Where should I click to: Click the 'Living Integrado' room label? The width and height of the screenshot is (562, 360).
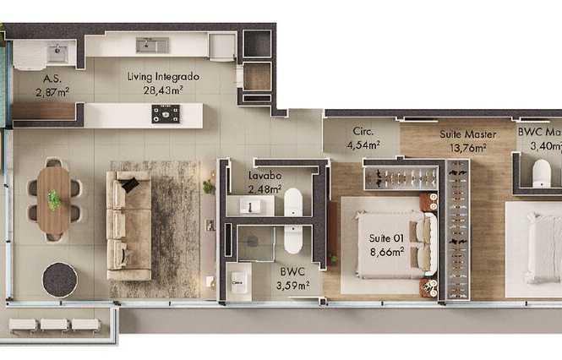163,77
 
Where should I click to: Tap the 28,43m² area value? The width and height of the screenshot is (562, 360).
163,90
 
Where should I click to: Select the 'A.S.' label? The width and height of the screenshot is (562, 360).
52,79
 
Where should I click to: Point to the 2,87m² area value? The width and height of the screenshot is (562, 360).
52,92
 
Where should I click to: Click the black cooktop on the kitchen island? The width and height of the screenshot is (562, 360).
166,114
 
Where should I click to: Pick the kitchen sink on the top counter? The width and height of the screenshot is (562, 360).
152,46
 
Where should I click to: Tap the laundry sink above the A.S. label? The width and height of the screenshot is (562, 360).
57,53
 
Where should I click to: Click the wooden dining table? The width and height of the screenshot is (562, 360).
54,200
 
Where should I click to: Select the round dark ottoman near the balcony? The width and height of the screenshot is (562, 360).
60,280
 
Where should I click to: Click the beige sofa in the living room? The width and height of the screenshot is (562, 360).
129,226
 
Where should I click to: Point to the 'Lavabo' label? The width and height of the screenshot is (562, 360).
265,176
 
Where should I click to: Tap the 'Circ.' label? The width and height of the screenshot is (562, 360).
363,132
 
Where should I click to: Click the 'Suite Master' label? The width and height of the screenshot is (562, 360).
467,134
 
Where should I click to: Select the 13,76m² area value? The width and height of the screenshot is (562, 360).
467,148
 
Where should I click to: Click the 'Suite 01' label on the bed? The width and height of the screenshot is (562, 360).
386,238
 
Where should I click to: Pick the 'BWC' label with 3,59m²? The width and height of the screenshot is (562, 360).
292,272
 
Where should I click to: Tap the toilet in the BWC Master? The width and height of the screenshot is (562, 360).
541,173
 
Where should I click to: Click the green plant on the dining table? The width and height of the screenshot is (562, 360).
54,199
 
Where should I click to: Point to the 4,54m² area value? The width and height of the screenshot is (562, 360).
363,145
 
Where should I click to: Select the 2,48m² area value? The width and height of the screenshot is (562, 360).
265,189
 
